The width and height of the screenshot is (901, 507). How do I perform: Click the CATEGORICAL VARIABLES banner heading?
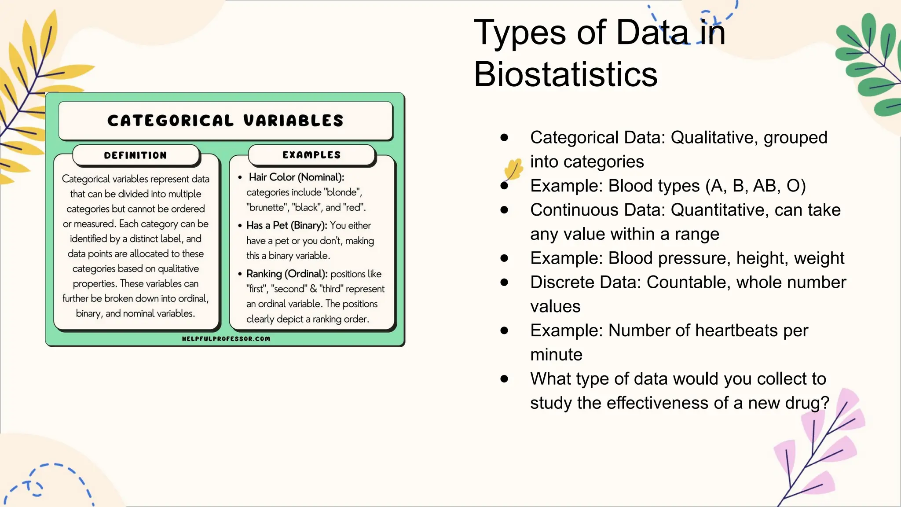(x=225, y=121)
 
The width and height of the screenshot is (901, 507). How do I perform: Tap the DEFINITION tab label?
(x=136, y=155)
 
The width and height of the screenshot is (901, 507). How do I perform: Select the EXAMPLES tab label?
(x=311, y=155)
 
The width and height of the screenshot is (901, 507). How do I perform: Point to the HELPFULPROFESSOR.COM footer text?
(x=226, y=338)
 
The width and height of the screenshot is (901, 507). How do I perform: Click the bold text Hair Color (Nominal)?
(x=297, y=177)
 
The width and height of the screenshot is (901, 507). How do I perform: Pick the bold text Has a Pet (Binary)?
(x=286, y=225)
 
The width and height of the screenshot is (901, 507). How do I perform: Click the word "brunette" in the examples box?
(x=267, y=207)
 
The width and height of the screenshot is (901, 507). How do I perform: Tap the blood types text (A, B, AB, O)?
(x=755, y=186)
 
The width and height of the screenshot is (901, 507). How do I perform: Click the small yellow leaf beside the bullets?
(x=513, y=170)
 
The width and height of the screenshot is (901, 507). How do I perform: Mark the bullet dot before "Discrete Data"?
(x=504, y=282)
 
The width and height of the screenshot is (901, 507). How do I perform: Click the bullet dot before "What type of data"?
(x=504, y=378)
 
